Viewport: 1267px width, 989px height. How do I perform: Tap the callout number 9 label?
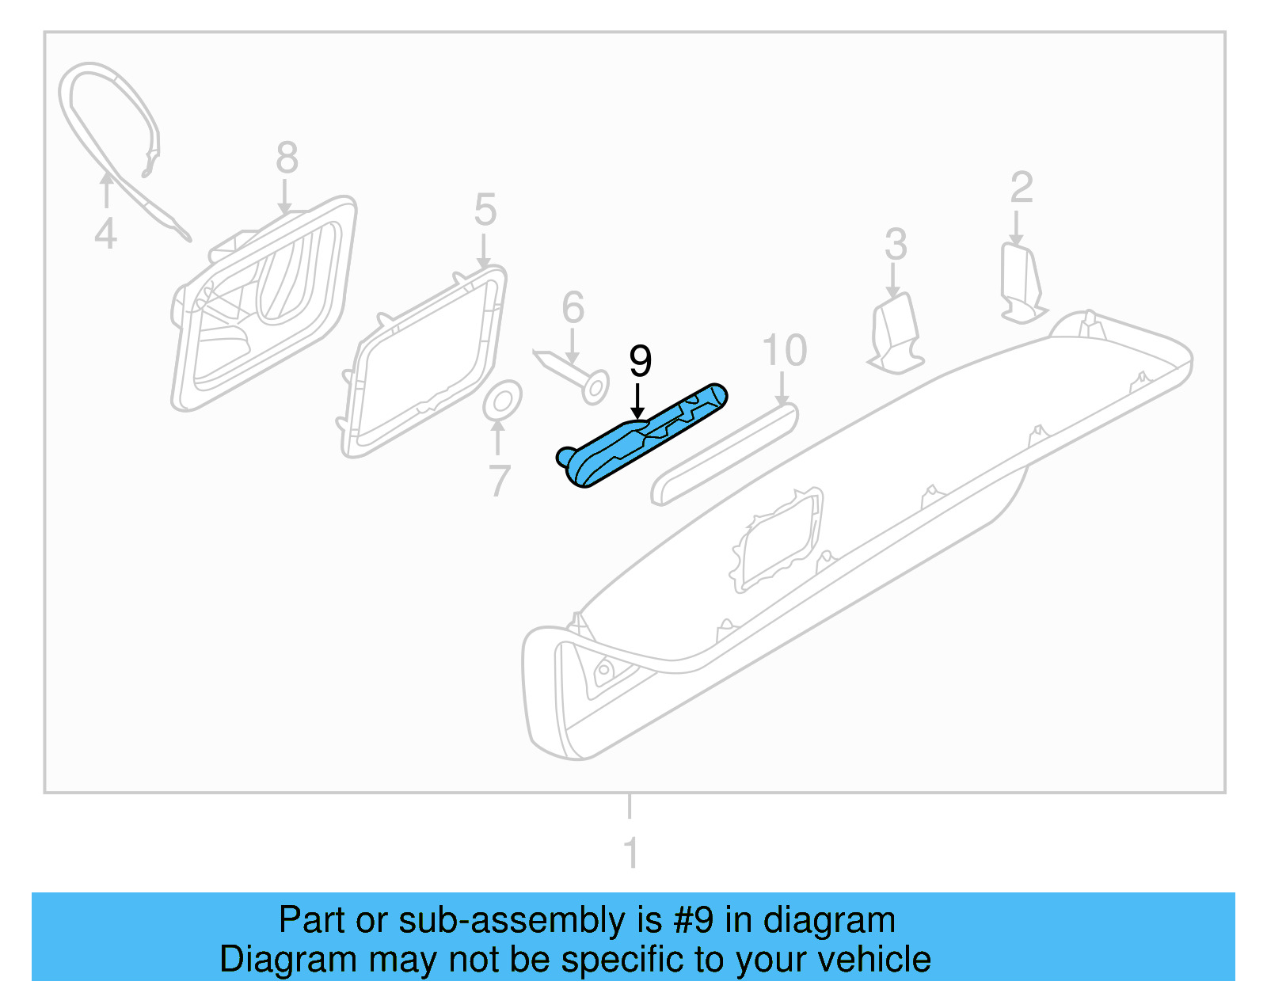pos(640,361)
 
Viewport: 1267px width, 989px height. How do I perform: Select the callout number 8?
pos(287,158)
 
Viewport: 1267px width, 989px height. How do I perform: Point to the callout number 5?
pos(485,210)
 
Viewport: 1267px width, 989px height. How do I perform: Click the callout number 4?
pos(105,234)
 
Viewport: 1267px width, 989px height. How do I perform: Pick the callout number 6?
pos(573,307)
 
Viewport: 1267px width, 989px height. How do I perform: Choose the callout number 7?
pos(499,481)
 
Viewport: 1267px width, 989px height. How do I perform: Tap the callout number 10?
pos(784,350)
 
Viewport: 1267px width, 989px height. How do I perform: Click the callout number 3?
pos(895,244)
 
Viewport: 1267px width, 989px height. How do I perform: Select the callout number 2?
pos(1022,188)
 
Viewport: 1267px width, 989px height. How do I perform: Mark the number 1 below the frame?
pos(630,854)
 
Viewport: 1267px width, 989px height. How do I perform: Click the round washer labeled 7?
pos(503,401)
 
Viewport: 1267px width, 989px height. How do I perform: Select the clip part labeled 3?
pos(895,333)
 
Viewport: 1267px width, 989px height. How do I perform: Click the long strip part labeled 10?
pos(725,454)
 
